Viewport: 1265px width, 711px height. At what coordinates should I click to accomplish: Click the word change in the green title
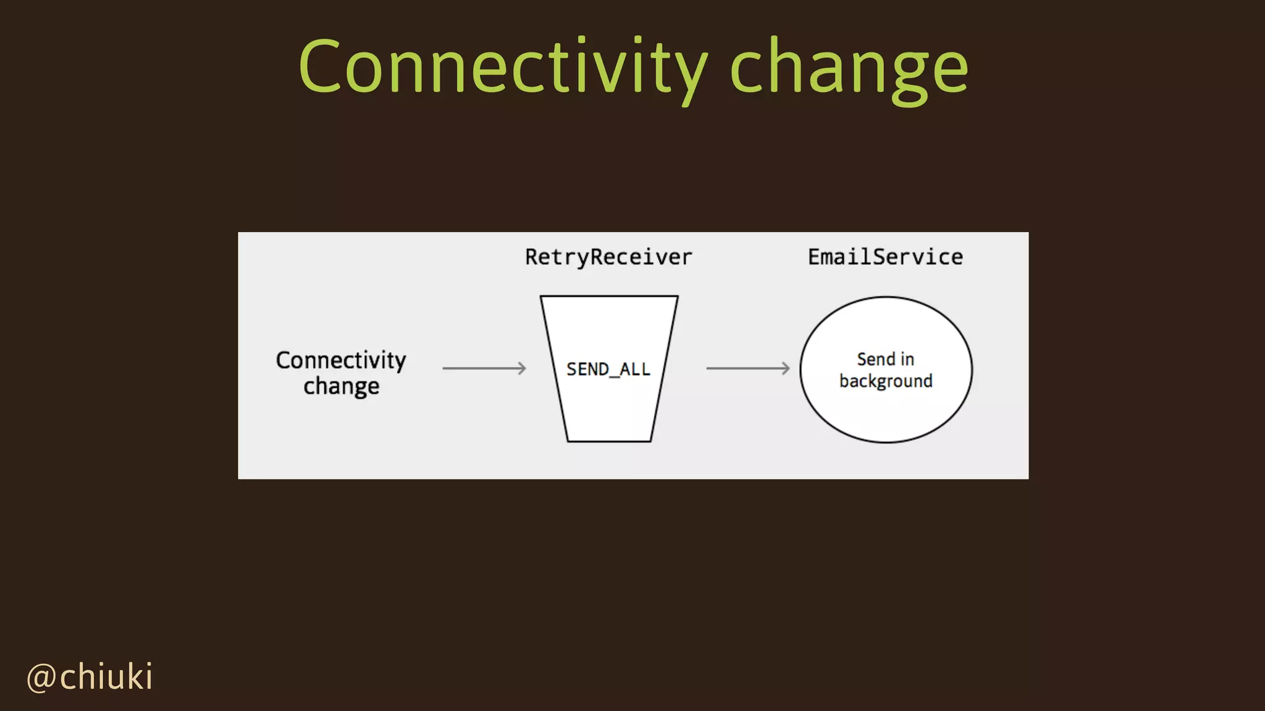(848, 67)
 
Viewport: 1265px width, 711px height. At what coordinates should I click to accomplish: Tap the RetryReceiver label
(608, 257)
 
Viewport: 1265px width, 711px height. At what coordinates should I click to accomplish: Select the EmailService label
(885, 257)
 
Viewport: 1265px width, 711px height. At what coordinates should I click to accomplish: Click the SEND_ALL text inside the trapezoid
(608, 369)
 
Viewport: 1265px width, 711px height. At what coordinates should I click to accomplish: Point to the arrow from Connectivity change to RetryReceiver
(484, 368)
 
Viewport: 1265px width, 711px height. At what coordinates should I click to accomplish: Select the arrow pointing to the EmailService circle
(747, 368)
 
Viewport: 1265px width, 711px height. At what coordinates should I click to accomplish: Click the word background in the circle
(886, 381)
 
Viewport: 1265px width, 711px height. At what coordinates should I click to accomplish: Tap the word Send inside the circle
(876, 359)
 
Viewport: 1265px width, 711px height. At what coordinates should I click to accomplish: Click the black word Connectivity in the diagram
(341, 360)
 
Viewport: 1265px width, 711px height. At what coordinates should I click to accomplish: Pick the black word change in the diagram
(341, 386)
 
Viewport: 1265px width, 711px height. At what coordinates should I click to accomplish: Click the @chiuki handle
(90, 677)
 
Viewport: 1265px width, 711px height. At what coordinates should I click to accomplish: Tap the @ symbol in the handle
(41, 678)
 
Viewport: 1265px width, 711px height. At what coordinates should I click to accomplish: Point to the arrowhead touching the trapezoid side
(522, 368)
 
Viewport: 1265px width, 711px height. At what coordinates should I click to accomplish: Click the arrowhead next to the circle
(785, 368)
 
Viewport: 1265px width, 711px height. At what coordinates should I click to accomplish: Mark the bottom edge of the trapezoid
(609, 441)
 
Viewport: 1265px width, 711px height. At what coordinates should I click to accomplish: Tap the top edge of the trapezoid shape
(609, 296)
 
